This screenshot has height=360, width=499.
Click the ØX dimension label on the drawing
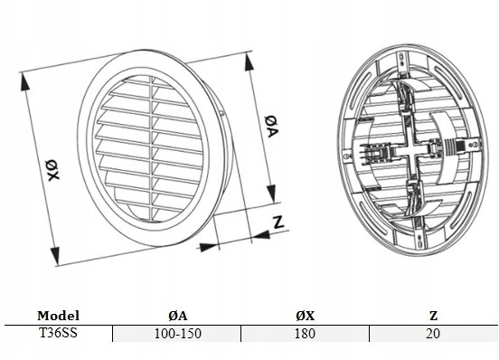[x=52, y=171]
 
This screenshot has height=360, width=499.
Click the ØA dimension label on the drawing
[x=271, y=127]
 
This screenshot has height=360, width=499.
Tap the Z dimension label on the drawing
[x=278, y=223]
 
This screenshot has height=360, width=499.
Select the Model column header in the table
[x=58, y=316]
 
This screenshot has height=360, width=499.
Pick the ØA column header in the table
[x=178, y=316]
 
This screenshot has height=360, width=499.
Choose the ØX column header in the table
[x=306, y=316]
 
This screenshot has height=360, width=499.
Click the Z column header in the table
[x=433, y=316]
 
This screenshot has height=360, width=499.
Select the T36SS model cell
[x=58, y=333]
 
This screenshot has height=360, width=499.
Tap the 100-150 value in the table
[x=178, y=334]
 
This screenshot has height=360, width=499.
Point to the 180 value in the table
[x=306, y=334]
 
